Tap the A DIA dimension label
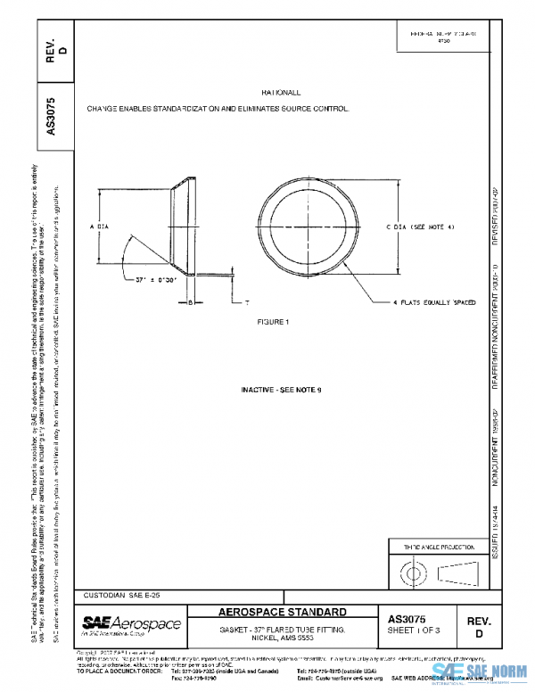coord(99,227)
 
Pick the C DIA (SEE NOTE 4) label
coord(421,227)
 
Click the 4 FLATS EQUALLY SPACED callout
coord(434,303)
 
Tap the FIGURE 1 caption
coord(275,320)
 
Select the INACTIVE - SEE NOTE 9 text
coord(281,391)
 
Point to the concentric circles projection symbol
coord(411,570)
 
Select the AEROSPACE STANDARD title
coord(283,613)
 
